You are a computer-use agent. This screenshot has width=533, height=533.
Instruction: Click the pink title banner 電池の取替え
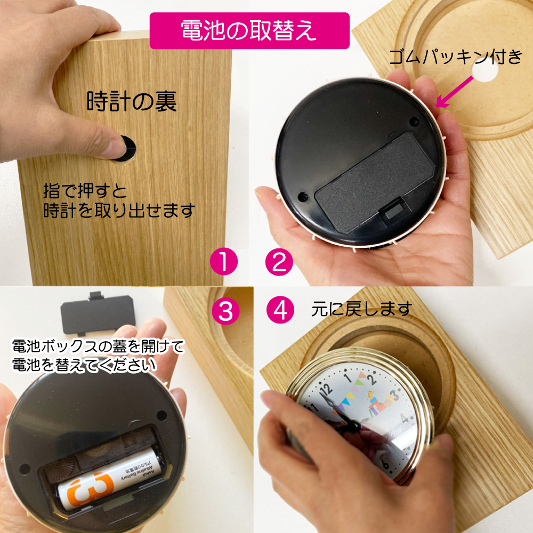249,30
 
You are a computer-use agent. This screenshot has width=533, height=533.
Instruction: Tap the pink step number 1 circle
224,261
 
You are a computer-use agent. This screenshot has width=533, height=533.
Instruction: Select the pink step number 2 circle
279,261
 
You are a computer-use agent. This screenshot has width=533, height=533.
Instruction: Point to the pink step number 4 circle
280,310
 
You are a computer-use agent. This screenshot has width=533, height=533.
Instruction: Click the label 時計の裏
132,101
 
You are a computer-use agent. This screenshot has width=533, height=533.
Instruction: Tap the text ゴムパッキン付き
456,57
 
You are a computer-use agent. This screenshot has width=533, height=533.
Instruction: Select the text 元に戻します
362,309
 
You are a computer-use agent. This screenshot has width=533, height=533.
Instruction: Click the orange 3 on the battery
91,488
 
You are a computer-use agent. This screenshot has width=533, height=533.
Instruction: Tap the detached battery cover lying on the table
98,313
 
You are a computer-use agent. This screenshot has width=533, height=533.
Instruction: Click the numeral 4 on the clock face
405,418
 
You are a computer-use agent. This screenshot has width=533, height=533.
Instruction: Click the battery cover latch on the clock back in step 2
392,209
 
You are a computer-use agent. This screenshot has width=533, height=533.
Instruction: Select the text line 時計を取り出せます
119,211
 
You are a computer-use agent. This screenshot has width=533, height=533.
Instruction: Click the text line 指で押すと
85,191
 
